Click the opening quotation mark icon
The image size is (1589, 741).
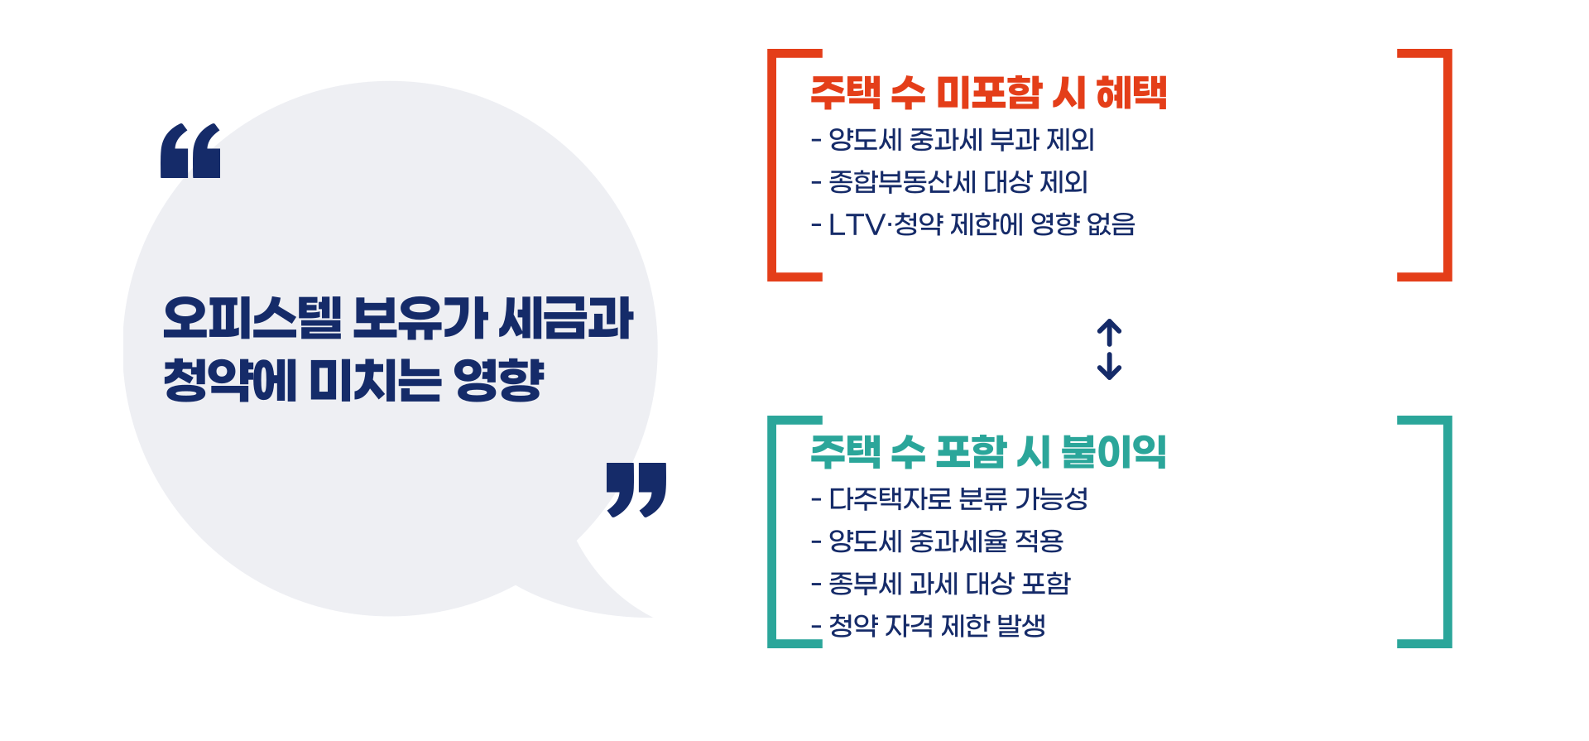click(190, 151)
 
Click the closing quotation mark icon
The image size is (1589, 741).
click(636, 488)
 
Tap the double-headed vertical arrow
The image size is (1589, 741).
click(1109, 349)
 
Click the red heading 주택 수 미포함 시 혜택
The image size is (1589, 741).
click(988, 93)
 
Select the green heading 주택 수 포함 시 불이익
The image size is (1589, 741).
click(988, 452)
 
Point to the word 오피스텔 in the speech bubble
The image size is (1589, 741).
click(252, 319)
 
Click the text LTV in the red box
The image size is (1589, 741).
click(857, 225)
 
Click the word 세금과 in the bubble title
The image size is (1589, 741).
click(566, 319)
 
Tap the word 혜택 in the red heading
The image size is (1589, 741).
click(1131, 93)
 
